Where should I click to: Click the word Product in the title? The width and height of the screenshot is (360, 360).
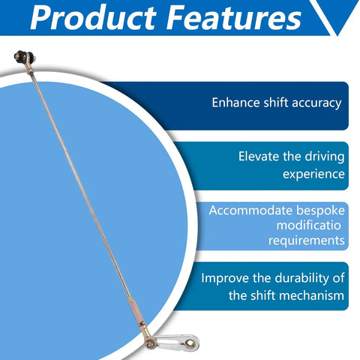tap(93, 18)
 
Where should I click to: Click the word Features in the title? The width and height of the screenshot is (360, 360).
tap(234, 17)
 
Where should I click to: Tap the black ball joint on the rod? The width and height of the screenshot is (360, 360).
tap(23, 57)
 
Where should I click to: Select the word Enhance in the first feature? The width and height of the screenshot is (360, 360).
tap(235, 103)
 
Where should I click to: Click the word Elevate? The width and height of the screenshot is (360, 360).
tap(259, 157)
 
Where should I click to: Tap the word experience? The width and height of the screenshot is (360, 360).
tap(313, 174)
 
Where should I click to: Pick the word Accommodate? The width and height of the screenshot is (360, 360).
tap(250, 211)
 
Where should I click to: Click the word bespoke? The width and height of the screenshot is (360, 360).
tap(320, 211)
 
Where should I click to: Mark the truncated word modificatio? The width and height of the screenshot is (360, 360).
tap(309, 226)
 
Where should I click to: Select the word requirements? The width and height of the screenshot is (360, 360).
tap(307, 241)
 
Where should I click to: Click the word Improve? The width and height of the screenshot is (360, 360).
tap(225, 278)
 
